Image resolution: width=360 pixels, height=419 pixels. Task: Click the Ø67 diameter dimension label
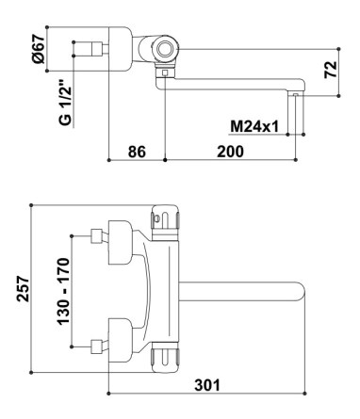41,49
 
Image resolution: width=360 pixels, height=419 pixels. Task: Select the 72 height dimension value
331,70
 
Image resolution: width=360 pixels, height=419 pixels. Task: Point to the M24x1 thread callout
254,127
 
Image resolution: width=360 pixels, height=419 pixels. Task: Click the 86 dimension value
137,152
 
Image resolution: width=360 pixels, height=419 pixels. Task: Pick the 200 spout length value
230,152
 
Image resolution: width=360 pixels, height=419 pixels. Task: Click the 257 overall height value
23,289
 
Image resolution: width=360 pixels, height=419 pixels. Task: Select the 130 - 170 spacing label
63,291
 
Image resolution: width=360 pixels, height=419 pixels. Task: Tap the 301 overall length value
207,385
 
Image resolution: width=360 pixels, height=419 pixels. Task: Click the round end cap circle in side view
165,49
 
